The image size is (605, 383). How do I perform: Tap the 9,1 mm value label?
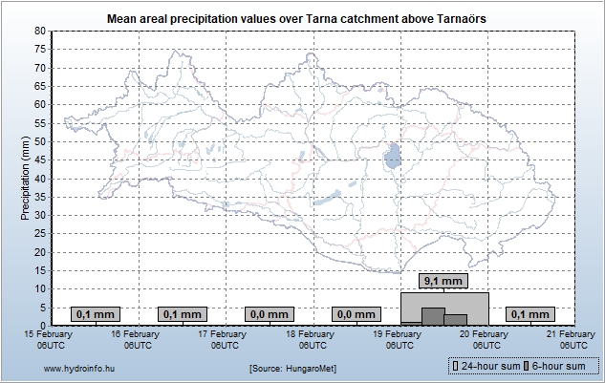click(444, 282)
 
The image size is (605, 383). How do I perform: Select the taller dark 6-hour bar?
click(433, 316)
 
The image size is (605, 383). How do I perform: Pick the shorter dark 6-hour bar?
click(456, 319)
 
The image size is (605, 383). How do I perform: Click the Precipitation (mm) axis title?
click(26, 178)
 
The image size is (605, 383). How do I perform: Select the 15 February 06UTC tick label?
click(48, 339)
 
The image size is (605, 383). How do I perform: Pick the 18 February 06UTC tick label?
click(309, 339)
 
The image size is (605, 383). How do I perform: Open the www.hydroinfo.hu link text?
click(79, 367)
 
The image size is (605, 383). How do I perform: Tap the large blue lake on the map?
click(392, 156)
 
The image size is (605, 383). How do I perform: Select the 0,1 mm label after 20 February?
click(530, 313)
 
